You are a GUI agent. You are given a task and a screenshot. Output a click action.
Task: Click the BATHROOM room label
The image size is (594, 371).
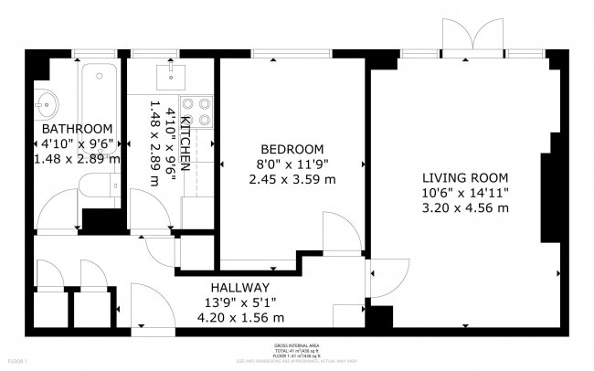click(x=78, y=129)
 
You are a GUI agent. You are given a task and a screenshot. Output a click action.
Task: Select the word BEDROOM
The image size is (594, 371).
click(x=292, y=149)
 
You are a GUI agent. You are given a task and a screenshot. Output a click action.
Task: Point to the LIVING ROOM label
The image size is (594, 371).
click(x=464, y=177)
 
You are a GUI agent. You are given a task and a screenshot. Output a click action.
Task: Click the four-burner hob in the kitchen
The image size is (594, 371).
click(x=196, y=111)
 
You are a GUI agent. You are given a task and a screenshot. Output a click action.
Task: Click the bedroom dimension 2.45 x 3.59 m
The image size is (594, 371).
click(x=292, y=179)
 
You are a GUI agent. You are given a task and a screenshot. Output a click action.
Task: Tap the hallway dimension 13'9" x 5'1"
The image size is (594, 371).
click(x=241, y=302)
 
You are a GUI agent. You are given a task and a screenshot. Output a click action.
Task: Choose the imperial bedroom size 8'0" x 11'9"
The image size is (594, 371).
click(x=292, y=164)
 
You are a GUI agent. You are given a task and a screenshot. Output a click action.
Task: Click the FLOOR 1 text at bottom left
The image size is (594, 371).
click(x=12, y=364)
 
